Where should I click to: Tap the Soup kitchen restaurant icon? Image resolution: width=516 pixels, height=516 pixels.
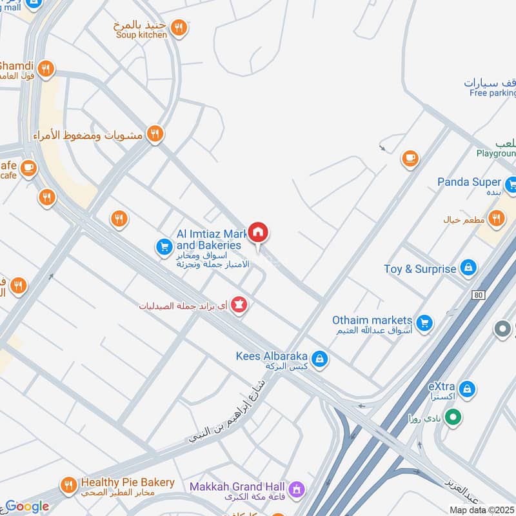click(180, 27)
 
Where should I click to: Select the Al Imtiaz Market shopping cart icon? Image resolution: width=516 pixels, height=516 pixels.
click(163, 246)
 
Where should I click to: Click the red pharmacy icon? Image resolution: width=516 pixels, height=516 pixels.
click(239, 304)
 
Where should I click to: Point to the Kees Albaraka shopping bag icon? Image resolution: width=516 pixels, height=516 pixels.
click(319, 358)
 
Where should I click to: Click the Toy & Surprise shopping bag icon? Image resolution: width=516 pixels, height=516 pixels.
click(468, 268)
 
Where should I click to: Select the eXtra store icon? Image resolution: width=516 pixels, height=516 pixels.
click(468, 389)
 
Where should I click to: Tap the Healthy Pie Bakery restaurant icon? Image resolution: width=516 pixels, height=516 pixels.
click(67, 484)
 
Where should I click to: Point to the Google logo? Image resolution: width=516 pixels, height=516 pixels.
click(27, 506)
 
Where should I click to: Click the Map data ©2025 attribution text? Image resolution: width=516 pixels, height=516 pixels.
click(482, 510)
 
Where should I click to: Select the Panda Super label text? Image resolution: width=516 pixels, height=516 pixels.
click(470, 182)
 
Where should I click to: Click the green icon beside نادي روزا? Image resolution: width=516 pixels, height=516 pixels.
click(453, 418)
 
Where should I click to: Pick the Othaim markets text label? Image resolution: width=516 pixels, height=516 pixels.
click(372, 321)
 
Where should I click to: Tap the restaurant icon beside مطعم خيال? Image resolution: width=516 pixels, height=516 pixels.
click(495, 219)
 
